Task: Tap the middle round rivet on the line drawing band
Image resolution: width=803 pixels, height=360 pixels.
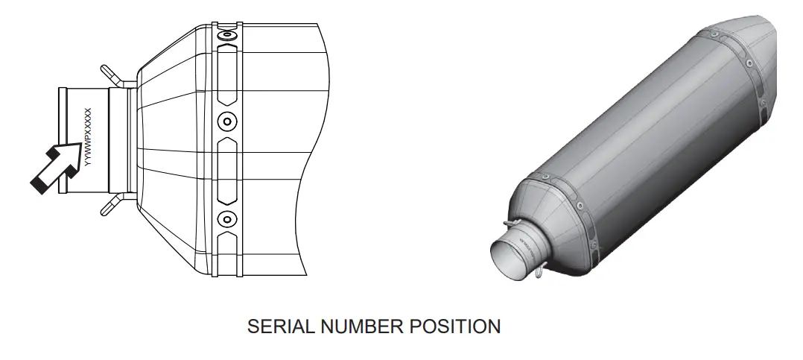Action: [226, 121]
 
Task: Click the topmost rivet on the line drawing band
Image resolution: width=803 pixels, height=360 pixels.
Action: [226, 36]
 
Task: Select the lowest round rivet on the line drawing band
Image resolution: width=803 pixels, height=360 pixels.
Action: [226, 219]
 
